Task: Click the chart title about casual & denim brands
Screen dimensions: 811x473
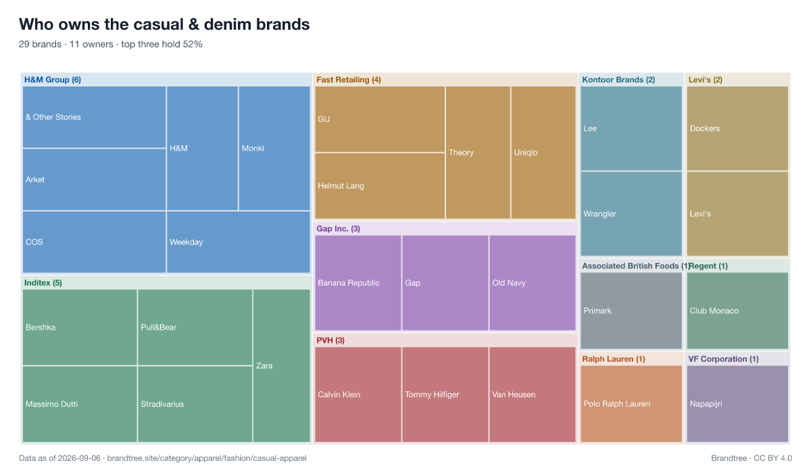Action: click(x=164, y=24)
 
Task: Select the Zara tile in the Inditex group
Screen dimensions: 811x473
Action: click(x=282, y=366)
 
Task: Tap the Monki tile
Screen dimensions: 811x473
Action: click(x=274, y=148)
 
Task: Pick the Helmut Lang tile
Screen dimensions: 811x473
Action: click(x=380, y=186)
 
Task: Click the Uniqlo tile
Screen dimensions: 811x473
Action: click(x=543, y=152)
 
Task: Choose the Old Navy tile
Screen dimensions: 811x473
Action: click(x=533, y=282)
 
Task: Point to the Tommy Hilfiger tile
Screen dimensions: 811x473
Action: click(x=445, y=395)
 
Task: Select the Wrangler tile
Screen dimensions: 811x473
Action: click(x=631, y=214)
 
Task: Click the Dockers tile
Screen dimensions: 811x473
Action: click(x=737, y=128)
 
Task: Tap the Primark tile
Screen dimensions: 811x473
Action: click(x=631, y=311)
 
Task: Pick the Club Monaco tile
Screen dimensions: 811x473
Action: click(x=737, y=311)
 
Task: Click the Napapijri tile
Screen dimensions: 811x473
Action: click(x=737, y=404)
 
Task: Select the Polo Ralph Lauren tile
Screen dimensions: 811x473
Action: click(x=631, y=404)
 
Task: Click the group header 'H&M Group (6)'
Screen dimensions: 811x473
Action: click(x=53, y=80)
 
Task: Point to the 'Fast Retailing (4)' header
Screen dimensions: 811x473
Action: click(x=349, y=80)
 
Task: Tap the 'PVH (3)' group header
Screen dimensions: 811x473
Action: click(x=330, y=340)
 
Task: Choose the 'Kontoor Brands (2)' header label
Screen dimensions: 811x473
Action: click(x=618, y=80)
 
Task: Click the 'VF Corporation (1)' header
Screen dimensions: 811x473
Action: click(x=723, y=359)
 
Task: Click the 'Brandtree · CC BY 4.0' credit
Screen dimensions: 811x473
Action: click(x=752, y=458)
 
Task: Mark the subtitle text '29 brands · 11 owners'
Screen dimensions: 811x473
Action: click(x=66, y=44)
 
